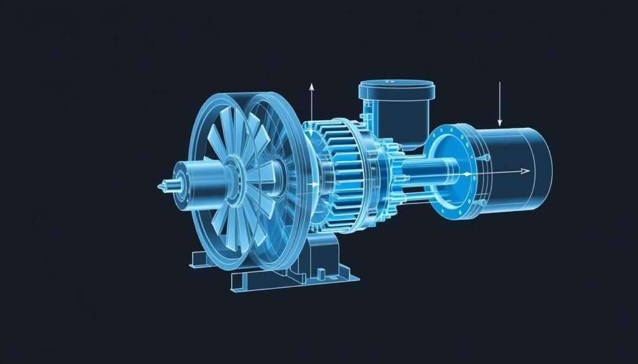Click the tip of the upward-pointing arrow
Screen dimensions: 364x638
coord(310,83)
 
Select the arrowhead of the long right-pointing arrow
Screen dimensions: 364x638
coord(527,171)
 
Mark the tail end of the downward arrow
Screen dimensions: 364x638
coord(499,82)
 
